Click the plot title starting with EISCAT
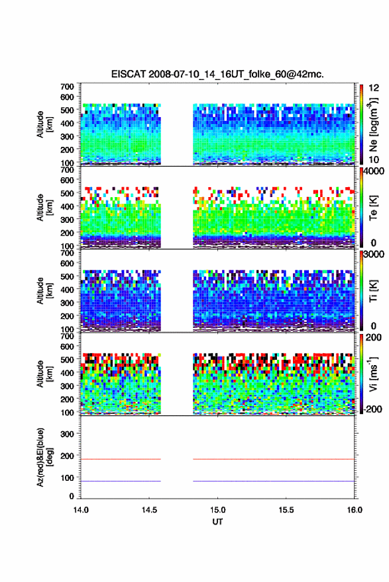217,74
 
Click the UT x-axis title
217,522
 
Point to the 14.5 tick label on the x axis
149,510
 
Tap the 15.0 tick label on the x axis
217,510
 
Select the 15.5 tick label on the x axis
286,510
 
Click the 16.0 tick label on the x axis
355,510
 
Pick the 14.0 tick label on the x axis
81,510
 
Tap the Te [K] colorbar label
373,208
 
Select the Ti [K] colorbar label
373,291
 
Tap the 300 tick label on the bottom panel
67,434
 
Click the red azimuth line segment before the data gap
121,459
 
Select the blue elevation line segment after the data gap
274,481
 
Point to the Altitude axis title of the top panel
44,124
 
